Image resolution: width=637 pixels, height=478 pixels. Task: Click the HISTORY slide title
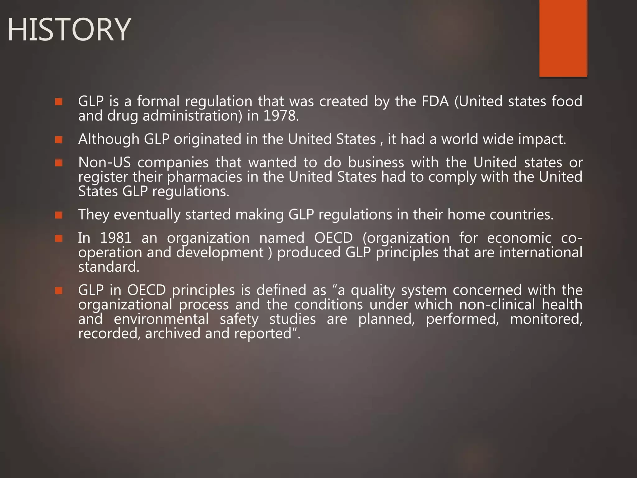pos(69,30)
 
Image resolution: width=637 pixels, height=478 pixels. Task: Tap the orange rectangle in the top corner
pos(563,38)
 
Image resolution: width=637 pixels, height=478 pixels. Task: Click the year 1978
pos(281,116)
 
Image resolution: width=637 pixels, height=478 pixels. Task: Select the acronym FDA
pos(435,101)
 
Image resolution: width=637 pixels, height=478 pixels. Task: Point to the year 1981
pos(116,238)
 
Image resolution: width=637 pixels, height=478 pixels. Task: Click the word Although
pos(109,139)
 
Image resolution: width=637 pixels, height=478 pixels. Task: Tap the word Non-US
pos(104,162)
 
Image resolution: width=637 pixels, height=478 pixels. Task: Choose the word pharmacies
pos(205,177)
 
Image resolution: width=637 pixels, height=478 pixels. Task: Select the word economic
pos(519,238)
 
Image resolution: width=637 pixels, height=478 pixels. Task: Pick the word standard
pos(109,267)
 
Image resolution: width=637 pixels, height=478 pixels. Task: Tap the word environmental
pos(161,319)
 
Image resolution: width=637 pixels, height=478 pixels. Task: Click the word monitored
pos(546,319)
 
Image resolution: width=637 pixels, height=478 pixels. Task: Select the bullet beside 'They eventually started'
pos(59,215)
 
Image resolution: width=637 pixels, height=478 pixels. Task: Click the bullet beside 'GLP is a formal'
pos(59,101)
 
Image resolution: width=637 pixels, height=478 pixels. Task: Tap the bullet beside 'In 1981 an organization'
pos(59,238)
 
